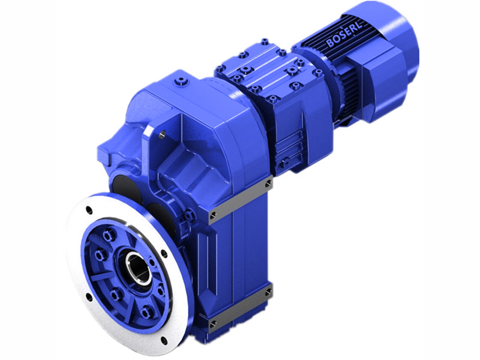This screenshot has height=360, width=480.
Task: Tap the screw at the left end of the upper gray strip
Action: [212, 213]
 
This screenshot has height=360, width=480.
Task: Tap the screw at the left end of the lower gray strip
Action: [212, 323]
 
